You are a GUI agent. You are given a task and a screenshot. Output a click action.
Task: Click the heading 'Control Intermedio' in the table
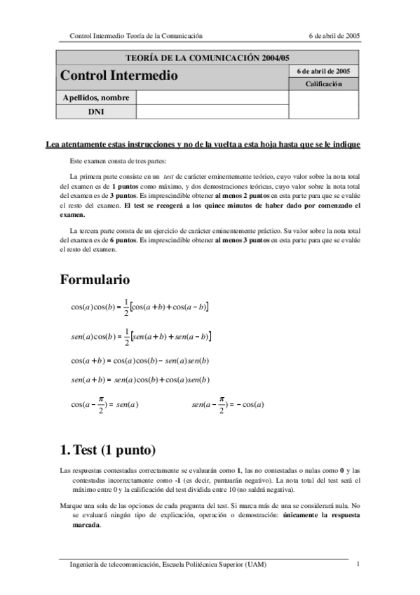point(119,76)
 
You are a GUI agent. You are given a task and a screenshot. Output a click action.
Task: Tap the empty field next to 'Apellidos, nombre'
point(212,98)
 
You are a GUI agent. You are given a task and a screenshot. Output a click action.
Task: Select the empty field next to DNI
point(212,112)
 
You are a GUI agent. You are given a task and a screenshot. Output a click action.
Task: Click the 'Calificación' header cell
point(323,84)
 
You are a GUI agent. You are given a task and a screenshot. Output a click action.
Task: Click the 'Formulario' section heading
point(95,280)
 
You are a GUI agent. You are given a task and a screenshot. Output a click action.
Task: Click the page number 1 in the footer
point(358,564)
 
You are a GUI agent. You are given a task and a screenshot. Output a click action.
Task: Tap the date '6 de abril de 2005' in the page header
point(334,35)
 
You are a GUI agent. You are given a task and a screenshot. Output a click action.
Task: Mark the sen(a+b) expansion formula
point(140,380)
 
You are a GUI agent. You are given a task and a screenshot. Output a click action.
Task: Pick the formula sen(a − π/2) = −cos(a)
point(227,404)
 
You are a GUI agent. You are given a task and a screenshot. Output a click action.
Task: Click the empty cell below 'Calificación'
point(323,105)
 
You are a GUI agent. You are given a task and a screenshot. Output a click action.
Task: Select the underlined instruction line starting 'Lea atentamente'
point(203,145)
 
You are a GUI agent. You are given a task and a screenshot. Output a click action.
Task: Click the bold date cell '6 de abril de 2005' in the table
point(323,71)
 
